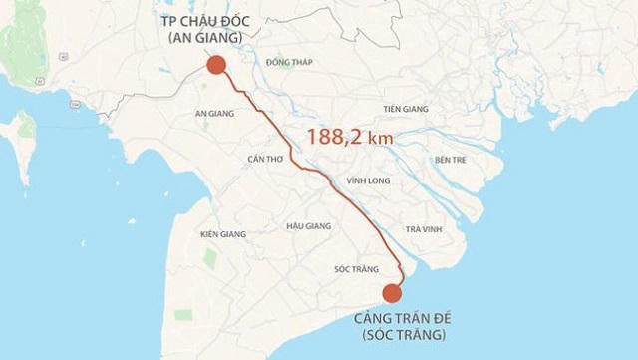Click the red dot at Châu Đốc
pyautogui.click(x=214, y=66)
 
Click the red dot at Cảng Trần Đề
pyautogui.click(x=391, y=293)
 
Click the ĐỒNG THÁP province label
pyautogui.click(x=290, y=62)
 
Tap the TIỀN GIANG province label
pyautogui.click(x=406, y=109)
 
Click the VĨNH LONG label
pyautogui.click(x=367, y=181)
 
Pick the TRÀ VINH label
pyautogui.click(x=423, y=229)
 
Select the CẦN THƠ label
pyautogui.click(x=265, y=159)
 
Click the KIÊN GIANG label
pyautogui.click(x=223, y=234)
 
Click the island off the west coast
pyautogui.click(x=17, y=136)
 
